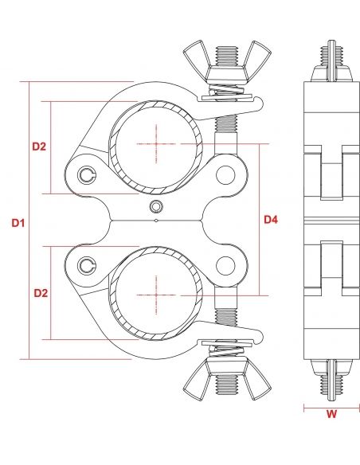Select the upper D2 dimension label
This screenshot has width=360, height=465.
(39, 147)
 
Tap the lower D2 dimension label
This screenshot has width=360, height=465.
(39, 294)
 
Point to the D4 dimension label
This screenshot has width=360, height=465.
(271, 219)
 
